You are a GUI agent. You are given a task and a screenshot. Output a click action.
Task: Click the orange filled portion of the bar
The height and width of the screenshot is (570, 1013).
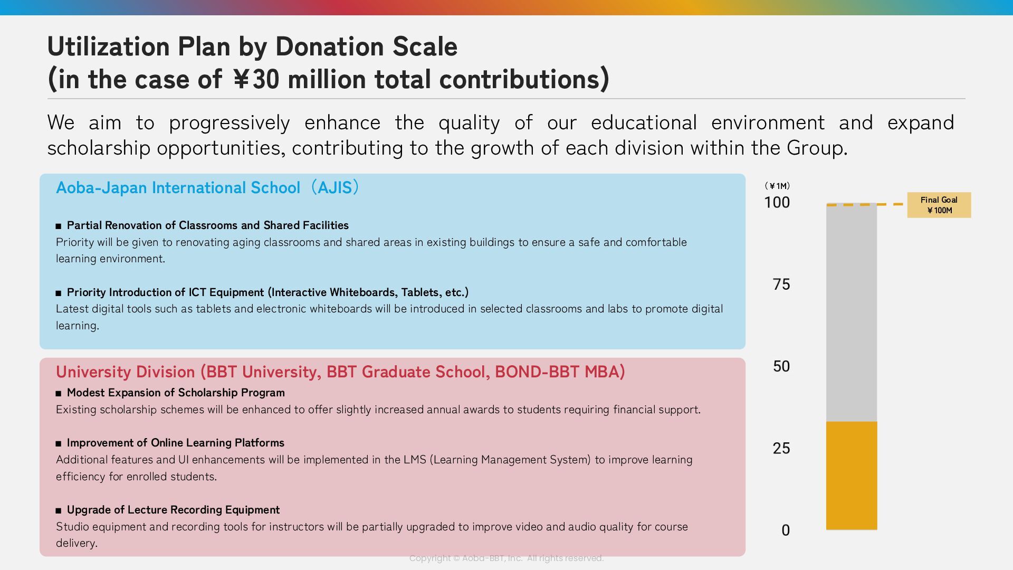click(852, 475)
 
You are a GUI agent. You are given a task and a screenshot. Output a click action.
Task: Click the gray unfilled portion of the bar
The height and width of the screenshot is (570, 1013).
click(852, 311)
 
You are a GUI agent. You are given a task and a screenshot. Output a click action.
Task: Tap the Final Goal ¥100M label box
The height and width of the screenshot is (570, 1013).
click(939, 205)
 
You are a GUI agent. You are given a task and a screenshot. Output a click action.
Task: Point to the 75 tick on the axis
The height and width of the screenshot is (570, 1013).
click(781, 284)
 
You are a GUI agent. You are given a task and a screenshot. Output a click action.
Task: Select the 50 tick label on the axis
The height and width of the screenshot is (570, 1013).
click(781, 366)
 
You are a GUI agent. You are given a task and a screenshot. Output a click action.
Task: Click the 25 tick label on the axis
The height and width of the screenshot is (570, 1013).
click(781, 448)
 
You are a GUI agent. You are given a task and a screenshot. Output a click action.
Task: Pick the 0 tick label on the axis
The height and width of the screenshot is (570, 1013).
click(786, 530)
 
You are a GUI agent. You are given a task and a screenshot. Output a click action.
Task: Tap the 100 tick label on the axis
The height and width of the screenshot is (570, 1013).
click(777, 202)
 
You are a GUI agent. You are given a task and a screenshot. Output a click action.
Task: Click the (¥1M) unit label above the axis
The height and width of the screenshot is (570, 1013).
click(777, 186)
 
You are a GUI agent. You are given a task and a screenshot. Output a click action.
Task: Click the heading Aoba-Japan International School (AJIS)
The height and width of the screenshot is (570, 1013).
click(208, 187)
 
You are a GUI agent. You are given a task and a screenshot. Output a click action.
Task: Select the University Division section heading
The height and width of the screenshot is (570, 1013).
click(340, 372)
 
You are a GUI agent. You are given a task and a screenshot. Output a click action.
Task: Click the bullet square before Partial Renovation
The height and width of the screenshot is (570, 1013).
click(59, 226)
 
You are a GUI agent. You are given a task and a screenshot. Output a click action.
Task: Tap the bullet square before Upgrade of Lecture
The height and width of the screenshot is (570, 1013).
click(59, 510)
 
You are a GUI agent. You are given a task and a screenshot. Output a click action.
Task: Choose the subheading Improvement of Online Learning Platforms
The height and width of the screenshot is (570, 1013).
click(175, 443)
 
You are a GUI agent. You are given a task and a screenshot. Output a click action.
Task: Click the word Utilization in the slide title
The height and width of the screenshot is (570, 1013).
click(109, 46)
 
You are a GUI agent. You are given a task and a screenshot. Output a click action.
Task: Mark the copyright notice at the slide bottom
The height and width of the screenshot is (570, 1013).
click(506, 558)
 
